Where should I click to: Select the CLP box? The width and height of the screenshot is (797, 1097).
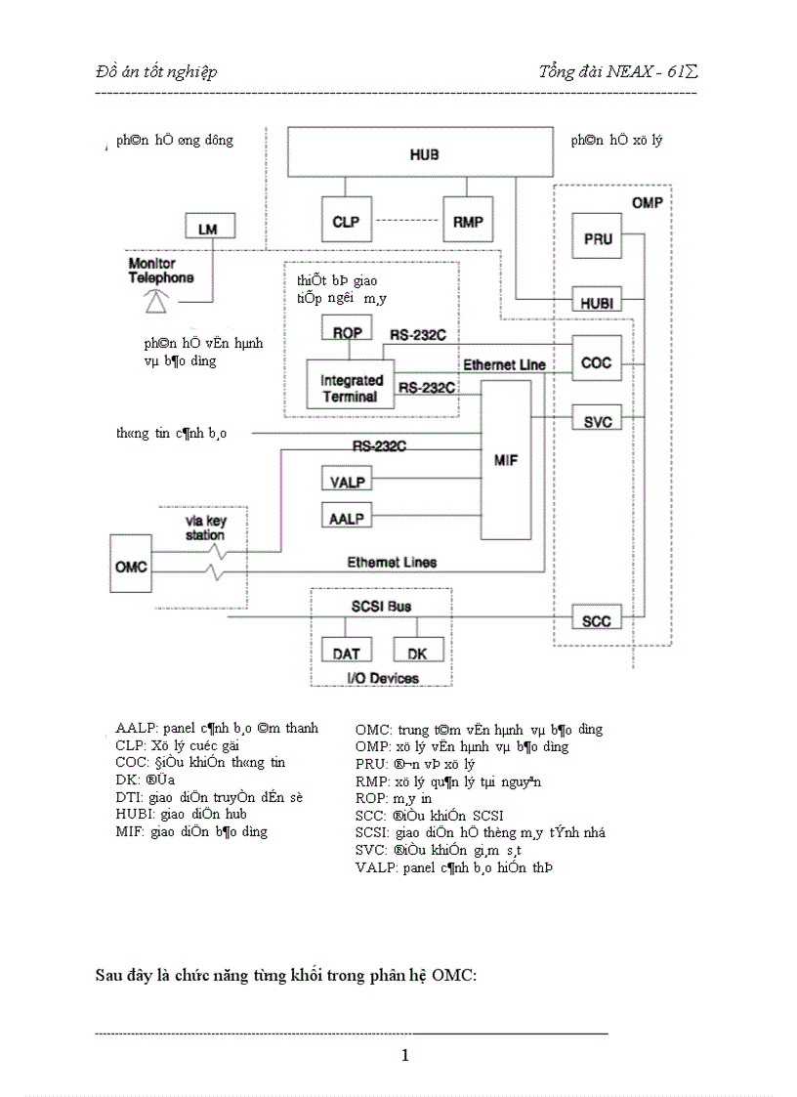coord(346,222)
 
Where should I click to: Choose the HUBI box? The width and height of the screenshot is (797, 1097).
coord(596,304)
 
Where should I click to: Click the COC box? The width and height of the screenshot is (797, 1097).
coord(596,362)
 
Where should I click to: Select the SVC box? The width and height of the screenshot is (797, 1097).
coord(596,421)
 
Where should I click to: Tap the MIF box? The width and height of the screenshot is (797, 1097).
coord(506,459)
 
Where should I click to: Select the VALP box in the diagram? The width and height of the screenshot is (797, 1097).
coord(345,480)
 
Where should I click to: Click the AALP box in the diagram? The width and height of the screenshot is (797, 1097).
coord(345,517)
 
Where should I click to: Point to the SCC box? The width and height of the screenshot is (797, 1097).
coord(596,621)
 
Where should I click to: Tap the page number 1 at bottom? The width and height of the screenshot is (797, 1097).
coord(404,1055)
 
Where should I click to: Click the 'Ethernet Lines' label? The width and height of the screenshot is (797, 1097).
coord(392,563)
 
